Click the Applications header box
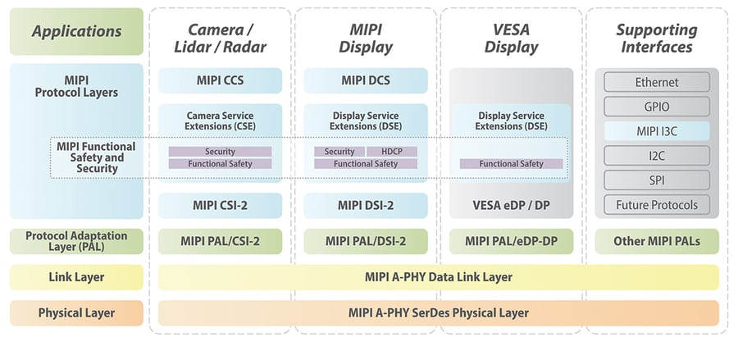76,32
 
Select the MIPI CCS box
220,80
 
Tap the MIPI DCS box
366,80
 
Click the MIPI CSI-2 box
220,205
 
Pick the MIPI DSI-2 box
366,205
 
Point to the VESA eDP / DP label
511,205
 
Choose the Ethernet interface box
657,82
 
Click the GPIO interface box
657,107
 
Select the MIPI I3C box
657,131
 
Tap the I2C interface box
657,155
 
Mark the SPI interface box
657,180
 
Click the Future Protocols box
657,204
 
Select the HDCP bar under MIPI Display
392,152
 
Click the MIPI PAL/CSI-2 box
220,241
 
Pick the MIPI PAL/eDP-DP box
511,241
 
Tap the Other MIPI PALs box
657,241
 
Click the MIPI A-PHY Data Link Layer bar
438,277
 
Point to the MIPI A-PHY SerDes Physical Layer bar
438,312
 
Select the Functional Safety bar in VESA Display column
511,164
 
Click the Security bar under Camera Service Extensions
220,152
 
